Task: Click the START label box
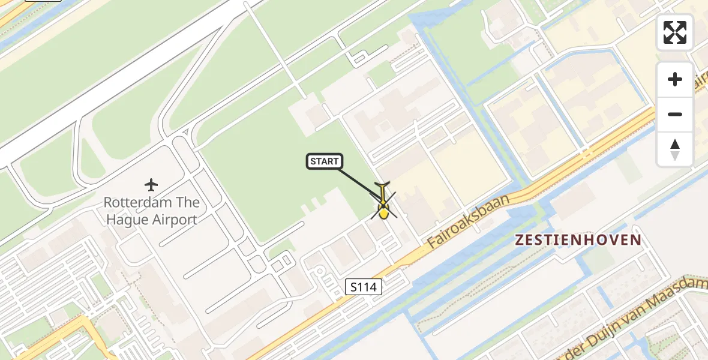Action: point(325,161)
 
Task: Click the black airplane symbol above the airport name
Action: point(151,184)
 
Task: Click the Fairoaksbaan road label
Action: point(469,221)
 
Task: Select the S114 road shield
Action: point(364,287)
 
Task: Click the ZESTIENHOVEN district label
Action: point(578,240)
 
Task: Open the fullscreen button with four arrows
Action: point(675,32)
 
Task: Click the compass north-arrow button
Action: point(675,149)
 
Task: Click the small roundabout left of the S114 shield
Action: point(320,272)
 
